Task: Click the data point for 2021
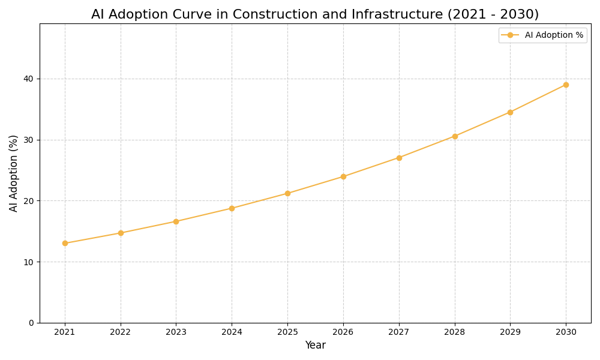tap(65, 243)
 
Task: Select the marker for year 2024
tap(232, 208)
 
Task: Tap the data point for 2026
tap(343, 176)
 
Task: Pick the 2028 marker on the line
tap(455, 136)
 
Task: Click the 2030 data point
tap(566, 85)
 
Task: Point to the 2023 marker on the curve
tap(176, 221)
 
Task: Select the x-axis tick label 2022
tap(121, 332)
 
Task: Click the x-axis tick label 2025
tap(287, 332)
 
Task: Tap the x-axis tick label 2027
tap(399, 332)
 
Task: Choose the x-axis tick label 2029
tap(510, 332)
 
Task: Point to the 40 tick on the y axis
tap(29, 79)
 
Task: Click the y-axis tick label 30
tap(29, 140)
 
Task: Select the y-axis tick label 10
tap(29, 262)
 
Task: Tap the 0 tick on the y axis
tap(31, 323)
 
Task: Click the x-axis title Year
tap(315, 346)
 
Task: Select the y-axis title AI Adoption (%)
tap(14, 173)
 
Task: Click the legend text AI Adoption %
tap(554, 35)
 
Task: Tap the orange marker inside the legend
tap(510, 35)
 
